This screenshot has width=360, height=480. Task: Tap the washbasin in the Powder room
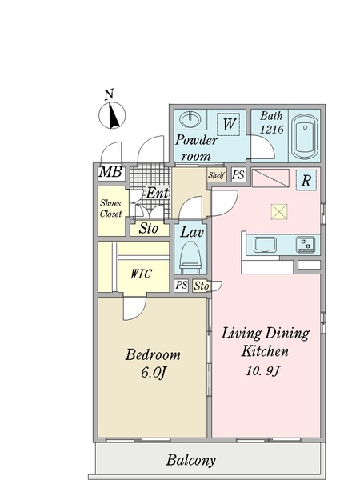click(190, 119)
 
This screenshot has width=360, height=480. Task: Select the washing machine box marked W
click(229, 124)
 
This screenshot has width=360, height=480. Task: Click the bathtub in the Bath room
click(305, 136)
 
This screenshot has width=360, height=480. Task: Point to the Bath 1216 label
click(271, 122)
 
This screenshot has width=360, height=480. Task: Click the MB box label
click(110, 172)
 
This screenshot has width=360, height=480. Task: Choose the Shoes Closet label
click(110, 208)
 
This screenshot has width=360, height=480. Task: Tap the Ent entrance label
click(157, 193)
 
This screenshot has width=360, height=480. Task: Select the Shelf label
click(217, 175)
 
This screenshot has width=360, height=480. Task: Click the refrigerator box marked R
click(306, 181)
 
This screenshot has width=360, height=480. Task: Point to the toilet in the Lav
click(190, 258)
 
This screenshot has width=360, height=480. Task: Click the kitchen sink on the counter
click(265, 245)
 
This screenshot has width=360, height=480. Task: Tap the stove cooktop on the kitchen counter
click(306, 245)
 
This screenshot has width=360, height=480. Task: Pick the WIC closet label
click(141, 274)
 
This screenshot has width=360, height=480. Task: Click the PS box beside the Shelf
click(238, 174)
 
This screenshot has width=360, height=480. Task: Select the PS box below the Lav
click(182, 286)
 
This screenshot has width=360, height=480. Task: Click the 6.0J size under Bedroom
click(154, 373)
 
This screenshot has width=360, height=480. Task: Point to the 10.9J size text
click(263, 371)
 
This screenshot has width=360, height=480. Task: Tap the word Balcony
click(191, 460)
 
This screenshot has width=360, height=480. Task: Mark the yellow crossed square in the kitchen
click(279, 211)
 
